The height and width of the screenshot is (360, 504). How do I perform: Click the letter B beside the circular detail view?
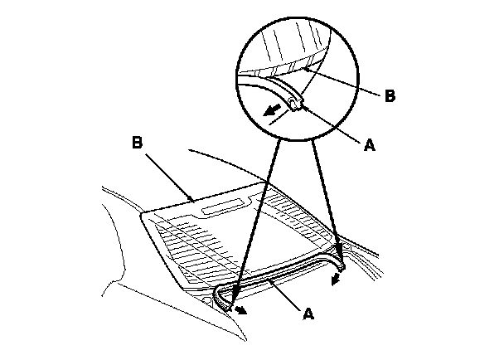pos(390,95)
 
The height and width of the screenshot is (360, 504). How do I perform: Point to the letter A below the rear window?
pos(308,314)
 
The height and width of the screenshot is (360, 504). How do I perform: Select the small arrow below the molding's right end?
pos(336,279)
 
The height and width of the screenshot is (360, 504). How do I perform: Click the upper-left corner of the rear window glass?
pos(147,217)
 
